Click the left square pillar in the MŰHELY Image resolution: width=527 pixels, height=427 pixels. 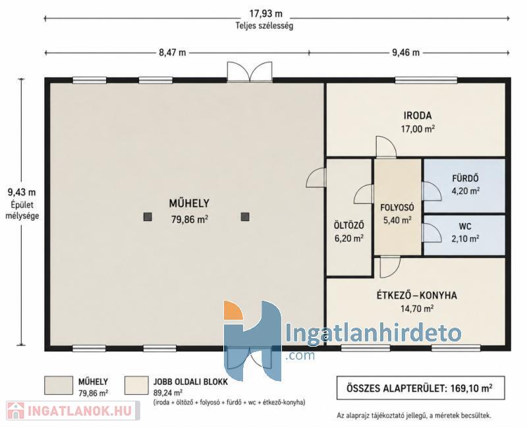coord(148,217)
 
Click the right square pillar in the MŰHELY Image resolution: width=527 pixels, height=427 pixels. coord(245,217)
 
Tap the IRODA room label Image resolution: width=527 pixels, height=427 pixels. coord(418,116)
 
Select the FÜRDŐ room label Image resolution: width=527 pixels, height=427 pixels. coord(465,178)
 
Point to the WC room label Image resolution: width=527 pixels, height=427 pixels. coord(465,226)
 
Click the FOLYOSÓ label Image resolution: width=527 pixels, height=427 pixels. coord(397,207)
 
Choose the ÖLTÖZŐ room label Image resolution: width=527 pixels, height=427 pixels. coord(348,225)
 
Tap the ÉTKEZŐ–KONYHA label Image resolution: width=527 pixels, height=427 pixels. coord(416,295)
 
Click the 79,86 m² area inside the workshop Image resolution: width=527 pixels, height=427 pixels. coord(190,219)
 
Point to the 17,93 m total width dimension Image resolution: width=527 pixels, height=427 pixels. coord(265,14)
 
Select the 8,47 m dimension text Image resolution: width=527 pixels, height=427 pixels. coord(173,53)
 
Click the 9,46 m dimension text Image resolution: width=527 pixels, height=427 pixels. coord(406,53)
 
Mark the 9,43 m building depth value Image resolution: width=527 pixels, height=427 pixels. coord(22,192)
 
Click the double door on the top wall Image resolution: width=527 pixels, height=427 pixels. coord(250,72)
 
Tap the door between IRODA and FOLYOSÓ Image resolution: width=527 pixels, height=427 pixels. coord(386,147)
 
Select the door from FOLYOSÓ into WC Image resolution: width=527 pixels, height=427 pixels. coord(432,232)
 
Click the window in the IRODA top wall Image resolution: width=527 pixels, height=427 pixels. coord(426,80)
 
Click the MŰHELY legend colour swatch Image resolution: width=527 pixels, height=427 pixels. coord(59,386)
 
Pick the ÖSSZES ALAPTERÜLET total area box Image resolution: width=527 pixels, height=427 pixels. coord(420,388)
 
